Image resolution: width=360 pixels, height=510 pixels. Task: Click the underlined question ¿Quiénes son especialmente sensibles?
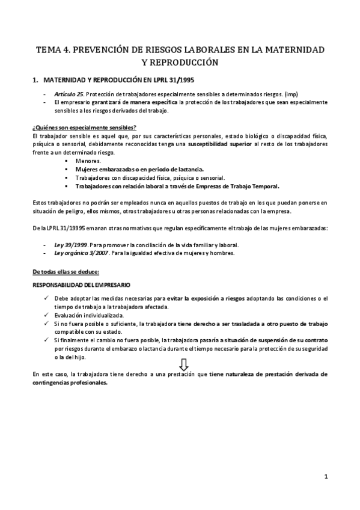pos(84,127)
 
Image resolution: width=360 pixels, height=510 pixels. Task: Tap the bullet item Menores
pos(88,161)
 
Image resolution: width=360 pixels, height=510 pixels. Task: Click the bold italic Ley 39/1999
pos(70,244)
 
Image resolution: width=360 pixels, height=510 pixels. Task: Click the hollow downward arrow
pos(185,364)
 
